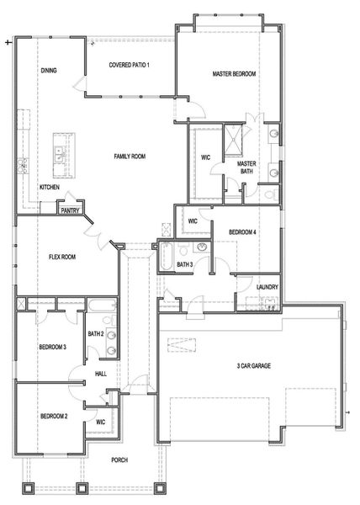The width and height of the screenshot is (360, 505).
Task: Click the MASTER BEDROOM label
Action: (x=234, y=74)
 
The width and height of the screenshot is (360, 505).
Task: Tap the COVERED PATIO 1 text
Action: (x=129, y=65)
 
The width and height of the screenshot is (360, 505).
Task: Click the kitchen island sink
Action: (x=60, y=155)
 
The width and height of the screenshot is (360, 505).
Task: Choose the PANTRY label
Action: (x=70, y=212)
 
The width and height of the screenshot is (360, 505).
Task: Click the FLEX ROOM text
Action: (x=63, y=258)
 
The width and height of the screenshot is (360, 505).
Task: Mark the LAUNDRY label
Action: (x=267, y=287)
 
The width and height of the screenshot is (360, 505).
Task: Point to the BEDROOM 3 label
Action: (x=53, y=347)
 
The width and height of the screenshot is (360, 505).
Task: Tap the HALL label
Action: (x=101, y=374)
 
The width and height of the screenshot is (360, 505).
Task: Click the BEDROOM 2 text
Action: (x=53, y=417)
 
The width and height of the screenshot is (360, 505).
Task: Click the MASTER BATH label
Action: (x=246, y=167)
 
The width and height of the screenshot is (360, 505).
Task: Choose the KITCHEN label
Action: (x=49, y=187)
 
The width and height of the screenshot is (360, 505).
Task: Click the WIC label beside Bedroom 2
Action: (x=99, y=422)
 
